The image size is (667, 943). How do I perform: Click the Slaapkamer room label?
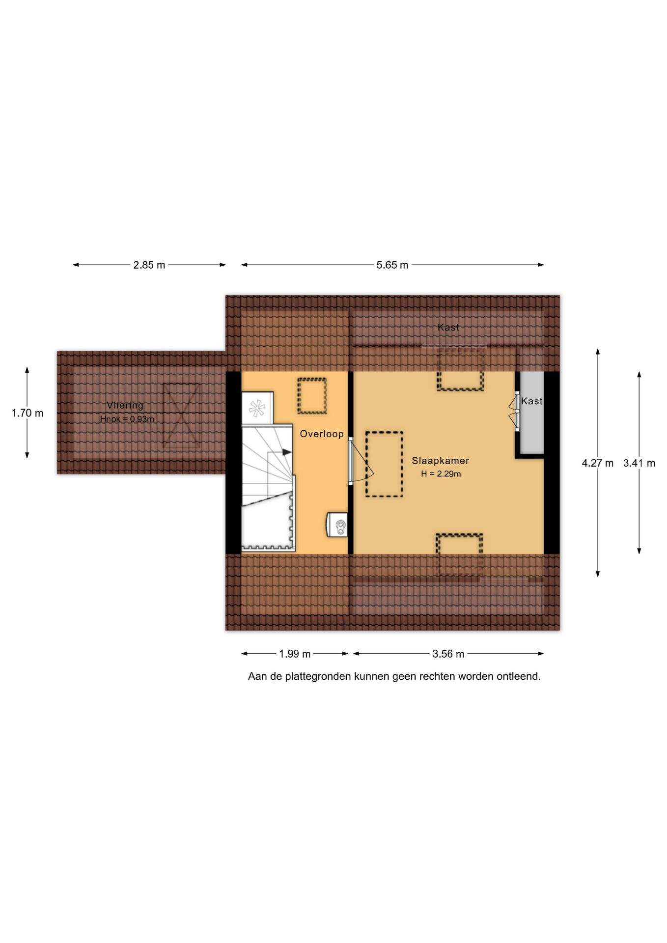pyautogui.click(x=440, y=461)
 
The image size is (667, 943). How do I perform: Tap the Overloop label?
pyautogui.click(x=322, y=434)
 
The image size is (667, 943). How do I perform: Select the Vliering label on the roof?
pyautogui.click(x=125, y=406)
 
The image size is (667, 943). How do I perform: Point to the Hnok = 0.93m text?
pyautogui.click(x=127, y=419)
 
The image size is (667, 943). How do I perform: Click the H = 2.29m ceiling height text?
pyautogui.click(x=441, y=474)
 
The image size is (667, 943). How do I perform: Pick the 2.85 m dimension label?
pyautogui.click(x=149, y=265)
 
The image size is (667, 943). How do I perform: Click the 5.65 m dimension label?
pyautogui.click(x=392, y=265)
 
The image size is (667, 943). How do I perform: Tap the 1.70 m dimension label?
pyautogui.click(x=28, y=413)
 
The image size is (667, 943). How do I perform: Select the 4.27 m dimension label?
pyautogui.click(x=598, y=463)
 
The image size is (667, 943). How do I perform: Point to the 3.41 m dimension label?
pyautogui.click(x=639, y=463)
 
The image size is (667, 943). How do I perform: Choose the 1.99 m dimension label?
pyautogui.click(x=295, y=654)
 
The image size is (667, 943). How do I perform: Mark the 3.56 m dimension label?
pyautogui.click(x=448, y=654)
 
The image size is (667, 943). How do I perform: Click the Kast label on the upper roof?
pyautogui.click(x=448, y=327)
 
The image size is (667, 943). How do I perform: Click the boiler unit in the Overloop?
pyautogui.click(x=337, y=525)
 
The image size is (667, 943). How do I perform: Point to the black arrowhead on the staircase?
pyautogui.click(x=287, y=452)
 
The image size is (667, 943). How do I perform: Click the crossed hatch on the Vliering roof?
pyautogui.click(x=181, y=415)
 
